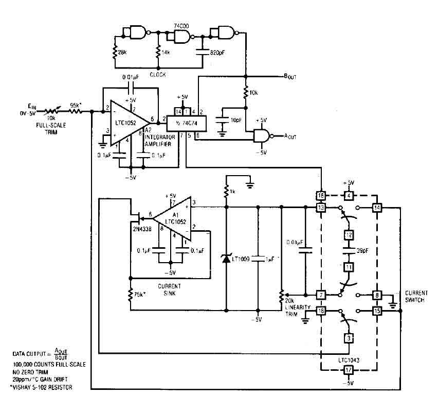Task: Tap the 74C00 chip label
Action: click(x=180, y=25)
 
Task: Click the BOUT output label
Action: click(x=290, y=77)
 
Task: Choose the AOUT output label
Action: click(x=291, y=135)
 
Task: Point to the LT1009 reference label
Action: click(x=240, y=260)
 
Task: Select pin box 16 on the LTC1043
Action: click(x=320, y=196)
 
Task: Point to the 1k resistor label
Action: click(x=232, y=192)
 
